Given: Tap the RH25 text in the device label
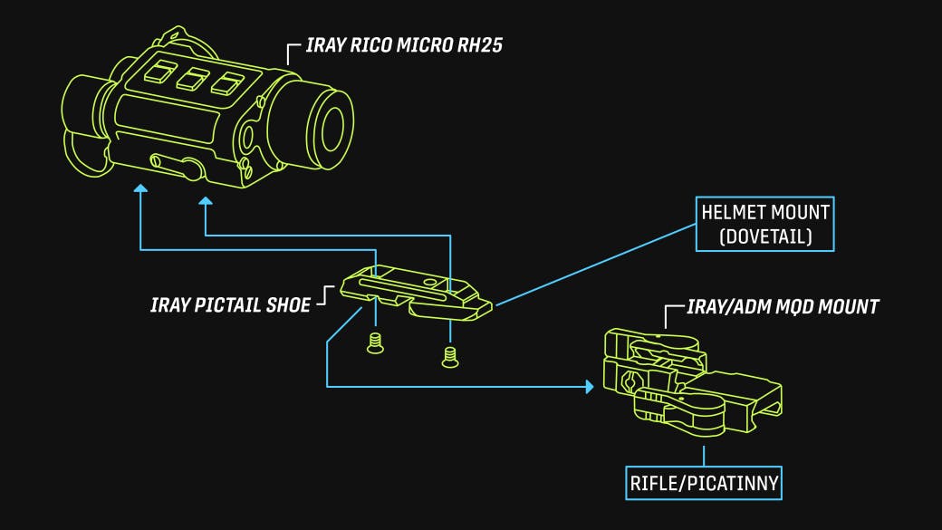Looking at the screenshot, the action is click(479, 45).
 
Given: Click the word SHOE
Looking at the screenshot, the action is click(289, 305).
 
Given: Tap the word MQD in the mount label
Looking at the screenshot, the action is click(793, 307).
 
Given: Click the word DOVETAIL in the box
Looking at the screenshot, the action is click(765, 236).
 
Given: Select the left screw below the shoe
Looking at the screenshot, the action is click(376, 343).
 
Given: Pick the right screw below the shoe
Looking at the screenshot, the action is click(450, 357).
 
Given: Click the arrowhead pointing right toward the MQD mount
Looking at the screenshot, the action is click(590, 386).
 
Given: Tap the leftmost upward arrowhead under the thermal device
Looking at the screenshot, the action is click(140, 188).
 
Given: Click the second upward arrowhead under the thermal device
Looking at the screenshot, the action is click(206, 201).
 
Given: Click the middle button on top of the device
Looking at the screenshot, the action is click(193, 79).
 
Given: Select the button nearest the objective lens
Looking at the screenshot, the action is click(227, 83).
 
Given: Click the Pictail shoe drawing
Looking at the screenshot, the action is click(416, 292).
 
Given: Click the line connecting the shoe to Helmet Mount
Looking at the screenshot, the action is click(595, 265).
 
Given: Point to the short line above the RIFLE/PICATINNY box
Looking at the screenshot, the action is click(704, 456).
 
